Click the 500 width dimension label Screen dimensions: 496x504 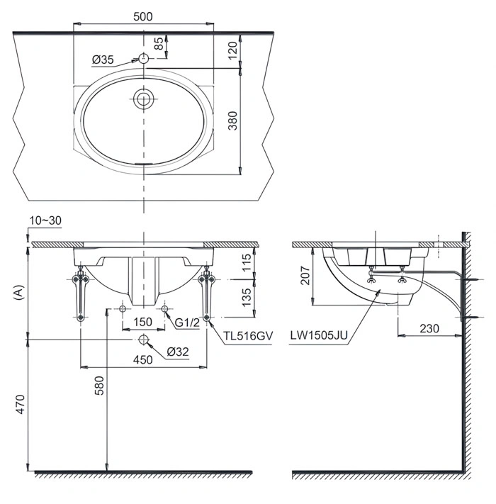[143, 16]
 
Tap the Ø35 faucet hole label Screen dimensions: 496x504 [103, 60]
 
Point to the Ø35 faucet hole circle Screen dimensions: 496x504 [144, 59]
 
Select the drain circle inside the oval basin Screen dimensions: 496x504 [144, 99]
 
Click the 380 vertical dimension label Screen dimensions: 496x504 [233, 121]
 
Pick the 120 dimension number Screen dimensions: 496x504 [233, 50]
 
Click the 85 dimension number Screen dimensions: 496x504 [159, 44]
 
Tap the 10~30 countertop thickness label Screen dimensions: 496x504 [45, 220]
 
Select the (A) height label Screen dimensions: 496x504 [19, 292]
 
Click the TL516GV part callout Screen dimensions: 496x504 [248, 336]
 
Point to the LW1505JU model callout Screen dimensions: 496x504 [319, 335]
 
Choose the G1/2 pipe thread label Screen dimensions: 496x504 [187, 322]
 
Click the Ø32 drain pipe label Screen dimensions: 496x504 [178, 352]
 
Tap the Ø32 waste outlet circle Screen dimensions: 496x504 [143, 340]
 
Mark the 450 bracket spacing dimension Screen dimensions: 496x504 [143, 360]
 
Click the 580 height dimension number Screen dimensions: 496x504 [100, 386]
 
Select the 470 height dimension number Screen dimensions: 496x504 [20, 404]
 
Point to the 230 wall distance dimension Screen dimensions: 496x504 [429, 328]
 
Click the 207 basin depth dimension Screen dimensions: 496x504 [305, 276]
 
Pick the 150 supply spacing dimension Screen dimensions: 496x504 [142, 322]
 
